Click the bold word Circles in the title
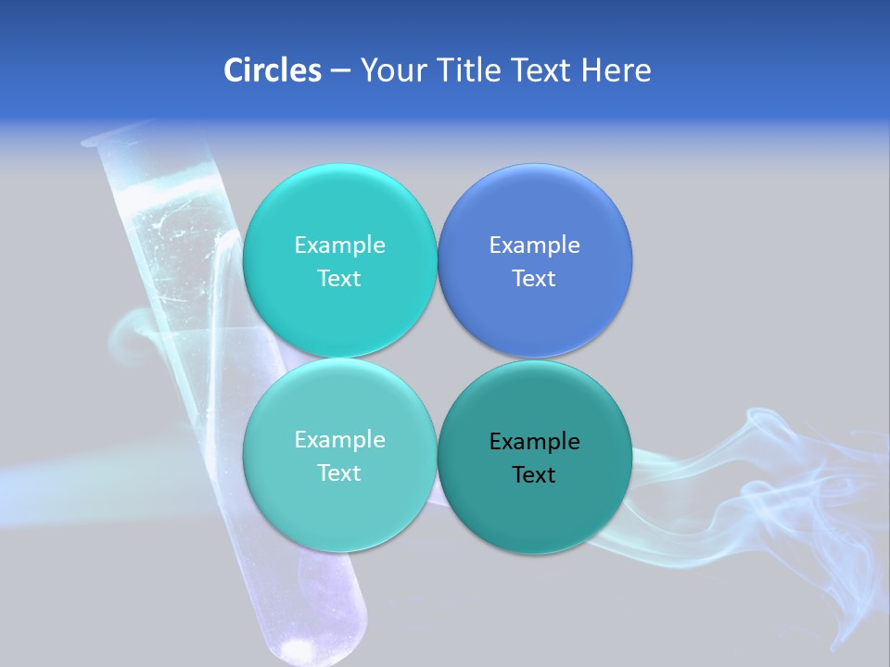pyautogui.click(x=273, y=70)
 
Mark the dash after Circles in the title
pyautogui.click(x=340, y=71)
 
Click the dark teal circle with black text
pyautogui.click(x=534, y=510)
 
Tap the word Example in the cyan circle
pyautogui.click(x=339, y=245)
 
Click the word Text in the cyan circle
pyautogui.click(x=339, y=278)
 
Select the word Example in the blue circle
pyautogui.click(x=534, y=245)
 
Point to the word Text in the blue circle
pyautogui.click(x=534, y=278)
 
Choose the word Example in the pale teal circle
pyautogui.click(x=339, y=439)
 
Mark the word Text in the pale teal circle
pyautogui.click(x=339, y=472)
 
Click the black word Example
pyautogui.click(x=534, y=441)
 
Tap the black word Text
pyautogui.click(x=534, y=474)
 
